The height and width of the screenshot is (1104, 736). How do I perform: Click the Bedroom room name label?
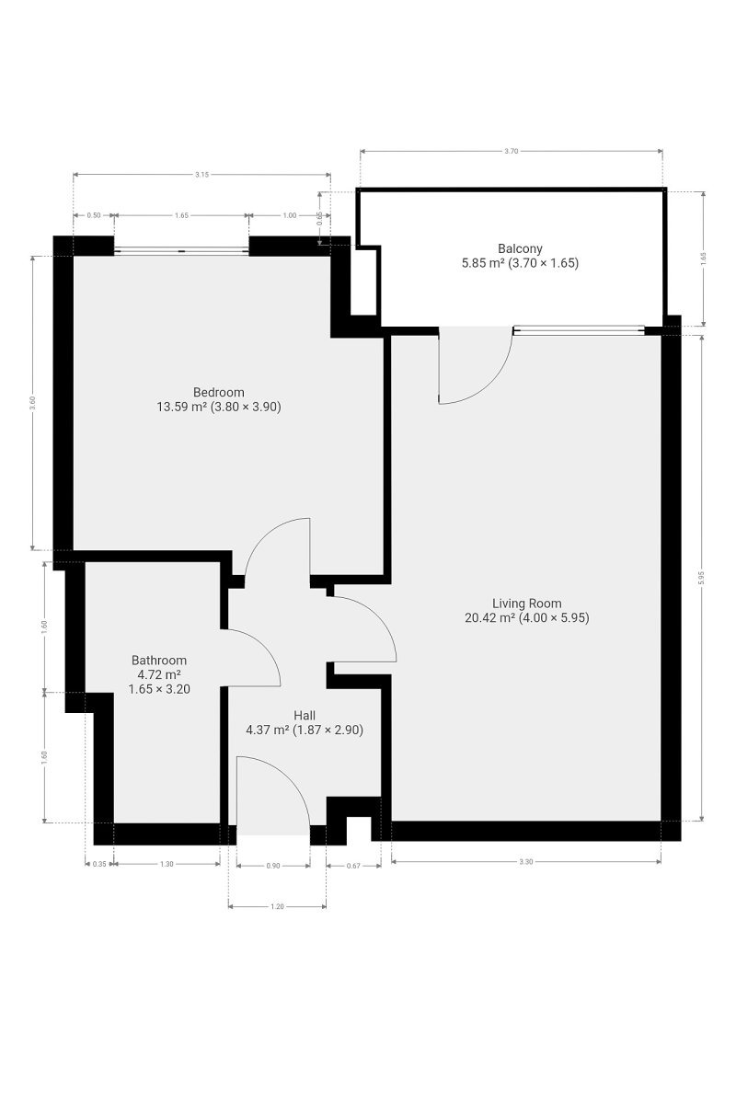point(218,392)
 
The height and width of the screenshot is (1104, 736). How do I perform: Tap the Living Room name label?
point(526,604)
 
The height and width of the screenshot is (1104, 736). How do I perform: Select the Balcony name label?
point(520,248)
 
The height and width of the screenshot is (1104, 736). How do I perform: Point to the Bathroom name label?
point(159,660)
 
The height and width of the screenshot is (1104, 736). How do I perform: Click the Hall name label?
point(305,715)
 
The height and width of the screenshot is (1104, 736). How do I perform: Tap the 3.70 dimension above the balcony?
point(511,151)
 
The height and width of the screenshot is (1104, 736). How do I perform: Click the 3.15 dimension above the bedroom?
point(201,175)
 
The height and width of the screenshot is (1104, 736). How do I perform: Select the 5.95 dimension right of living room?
point(701,578)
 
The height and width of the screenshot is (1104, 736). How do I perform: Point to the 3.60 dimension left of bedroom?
point(32,403)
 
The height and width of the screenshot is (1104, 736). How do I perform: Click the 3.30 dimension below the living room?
point(525,861)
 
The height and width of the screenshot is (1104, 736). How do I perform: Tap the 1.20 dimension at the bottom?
point(277,906)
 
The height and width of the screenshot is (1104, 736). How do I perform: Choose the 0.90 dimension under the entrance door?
point(272,866)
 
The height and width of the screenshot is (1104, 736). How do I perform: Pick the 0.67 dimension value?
point(353,866)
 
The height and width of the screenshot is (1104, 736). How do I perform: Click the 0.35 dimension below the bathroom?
point(99,864)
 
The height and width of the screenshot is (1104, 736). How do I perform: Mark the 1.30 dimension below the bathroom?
point(167,864)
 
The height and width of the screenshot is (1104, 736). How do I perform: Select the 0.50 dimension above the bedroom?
point(94,215)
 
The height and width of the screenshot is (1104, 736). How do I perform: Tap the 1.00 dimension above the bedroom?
point(290,215)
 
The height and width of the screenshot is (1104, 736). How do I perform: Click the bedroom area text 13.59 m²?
point(181,407)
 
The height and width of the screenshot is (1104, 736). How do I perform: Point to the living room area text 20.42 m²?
point(489,617)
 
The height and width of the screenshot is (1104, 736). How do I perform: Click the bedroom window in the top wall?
point(181,251)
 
